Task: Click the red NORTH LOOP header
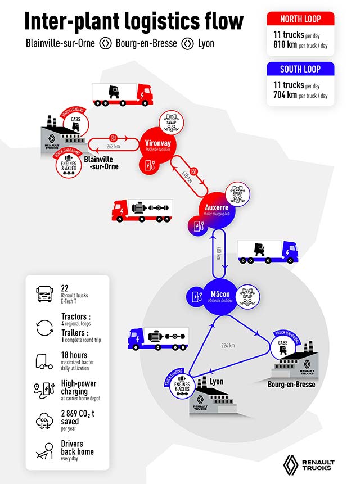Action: [300, 19]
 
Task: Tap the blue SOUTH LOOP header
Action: [300, 70]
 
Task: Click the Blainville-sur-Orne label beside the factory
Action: [101, 162]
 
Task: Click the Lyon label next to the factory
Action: [217, 382]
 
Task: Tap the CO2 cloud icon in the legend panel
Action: [44, 420]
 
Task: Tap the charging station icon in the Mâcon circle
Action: [195, 295]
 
